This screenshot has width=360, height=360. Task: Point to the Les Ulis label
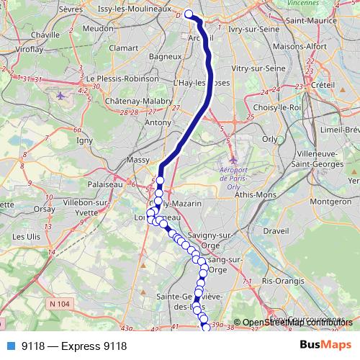pos(27,235)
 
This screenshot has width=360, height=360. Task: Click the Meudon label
pos(97,29)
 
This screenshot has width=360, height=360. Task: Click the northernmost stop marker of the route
pos(189,14)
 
